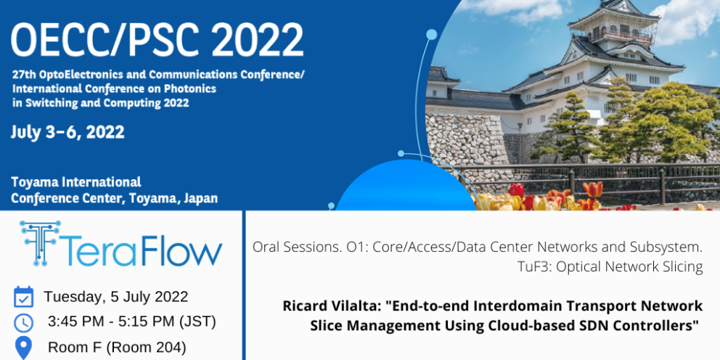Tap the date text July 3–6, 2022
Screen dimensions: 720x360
(68, 133)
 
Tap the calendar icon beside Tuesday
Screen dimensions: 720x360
(23, 297)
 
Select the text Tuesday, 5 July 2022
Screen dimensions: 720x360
(115, 297)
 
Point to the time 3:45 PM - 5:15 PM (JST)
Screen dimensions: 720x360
(132, 322)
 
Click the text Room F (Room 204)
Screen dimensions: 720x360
(117, 348)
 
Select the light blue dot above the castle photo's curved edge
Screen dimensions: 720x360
(432, 34)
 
